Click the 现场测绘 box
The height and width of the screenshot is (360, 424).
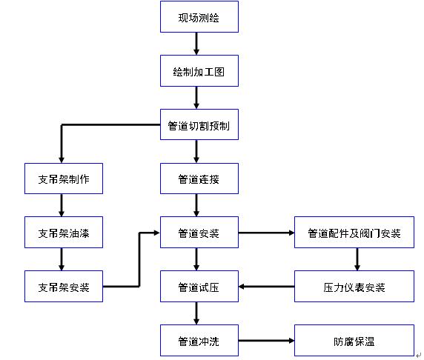(x=199, y=17)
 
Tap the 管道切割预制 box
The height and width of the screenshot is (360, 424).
(x=199, y=126)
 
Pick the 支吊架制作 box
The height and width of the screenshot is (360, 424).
(x=63, y=179)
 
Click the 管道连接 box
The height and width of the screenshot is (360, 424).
(x=199, y=179)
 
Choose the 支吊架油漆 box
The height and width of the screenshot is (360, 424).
(x=63, y=233)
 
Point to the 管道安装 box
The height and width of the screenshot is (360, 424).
(x=199, y=233)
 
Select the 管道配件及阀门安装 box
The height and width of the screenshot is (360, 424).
(x=354, y=233)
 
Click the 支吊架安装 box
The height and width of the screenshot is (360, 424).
(x=63, y=287)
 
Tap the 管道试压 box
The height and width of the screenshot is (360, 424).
(x=199, y=287)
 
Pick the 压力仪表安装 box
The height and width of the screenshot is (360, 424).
(x=354, y=287)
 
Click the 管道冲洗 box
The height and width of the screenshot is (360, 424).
(x=199, y=341)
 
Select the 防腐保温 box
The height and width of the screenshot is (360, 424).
(x=354, y=341)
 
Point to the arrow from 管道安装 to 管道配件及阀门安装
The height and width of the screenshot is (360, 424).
(x=266, y=233)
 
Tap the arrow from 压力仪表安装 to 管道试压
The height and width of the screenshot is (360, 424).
(x=266, y=287)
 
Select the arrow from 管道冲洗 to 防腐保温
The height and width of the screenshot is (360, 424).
(x=266, y=341)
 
